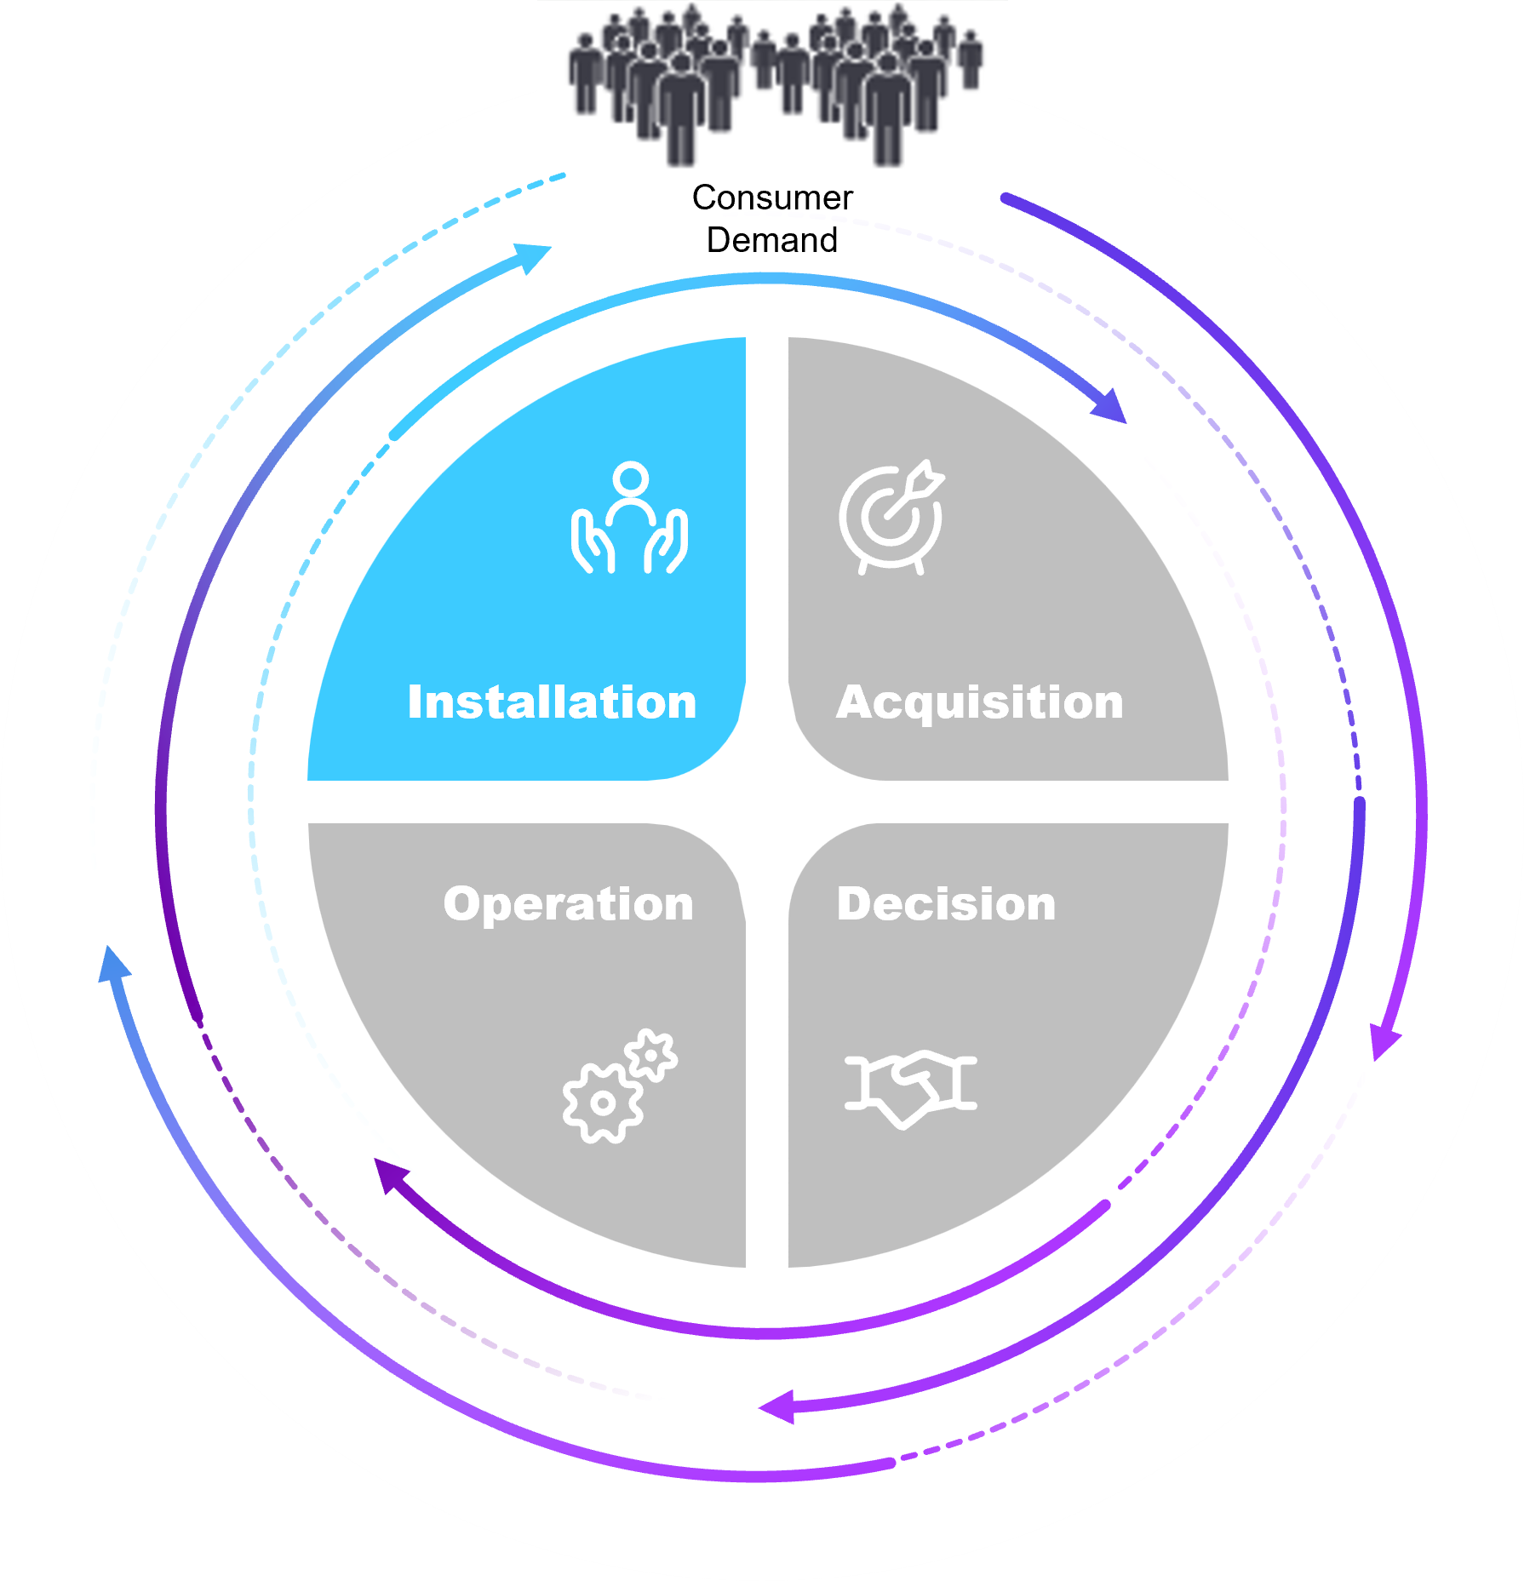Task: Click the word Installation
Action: (x=552, y=702)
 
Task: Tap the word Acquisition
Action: (x=979, y=702)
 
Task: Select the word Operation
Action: (x=568, y=903)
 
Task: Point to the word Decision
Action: (x=946, y=903)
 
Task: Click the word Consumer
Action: (x=772, y=198)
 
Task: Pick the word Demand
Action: (x=772, y=241)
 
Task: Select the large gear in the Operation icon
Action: (x=602, y=1103)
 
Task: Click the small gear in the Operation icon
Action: (x=652, y=1055)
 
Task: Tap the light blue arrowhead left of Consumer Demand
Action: (x=533, y=256)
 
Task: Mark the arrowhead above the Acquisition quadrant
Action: (x=1110, y=407)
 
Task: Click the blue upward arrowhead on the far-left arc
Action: (x=113, y=965)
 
